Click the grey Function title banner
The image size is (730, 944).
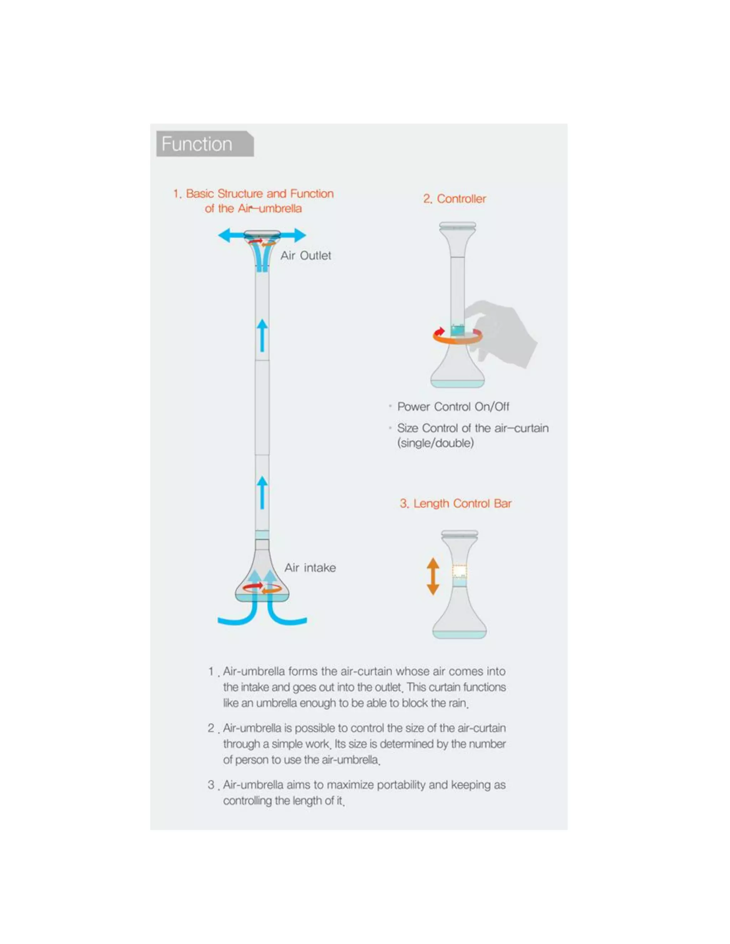point(204,144)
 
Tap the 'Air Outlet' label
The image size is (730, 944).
point(305,255)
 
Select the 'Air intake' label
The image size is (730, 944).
point(310,567)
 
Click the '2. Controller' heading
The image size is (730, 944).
point(454,199)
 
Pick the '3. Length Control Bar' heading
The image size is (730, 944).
point(456,504)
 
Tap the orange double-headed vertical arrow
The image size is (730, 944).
point(433,576)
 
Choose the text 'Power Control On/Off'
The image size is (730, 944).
point(453,407)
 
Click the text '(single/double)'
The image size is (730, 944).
point(435,443)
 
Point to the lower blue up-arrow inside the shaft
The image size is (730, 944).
point(262,493)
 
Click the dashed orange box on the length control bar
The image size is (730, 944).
point(459,571)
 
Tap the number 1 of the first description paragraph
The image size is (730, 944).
point(211,671)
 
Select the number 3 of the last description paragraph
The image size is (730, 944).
point(211,784)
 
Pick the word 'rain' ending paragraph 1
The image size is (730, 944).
point(457,703)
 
